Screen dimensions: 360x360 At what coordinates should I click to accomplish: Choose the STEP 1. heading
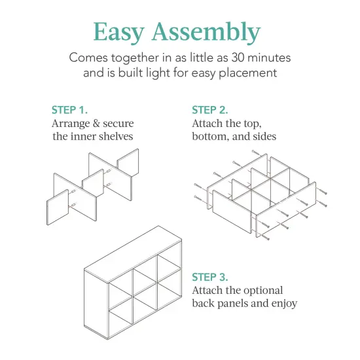tap(69, 110)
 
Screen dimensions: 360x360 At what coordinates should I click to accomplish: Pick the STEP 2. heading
tap(210, 110)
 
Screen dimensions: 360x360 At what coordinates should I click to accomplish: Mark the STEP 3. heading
tap(210, 277)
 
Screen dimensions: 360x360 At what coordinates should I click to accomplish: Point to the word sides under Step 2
tap(262, 136)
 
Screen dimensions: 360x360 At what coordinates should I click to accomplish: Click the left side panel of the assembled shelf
tap(95, 298)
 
